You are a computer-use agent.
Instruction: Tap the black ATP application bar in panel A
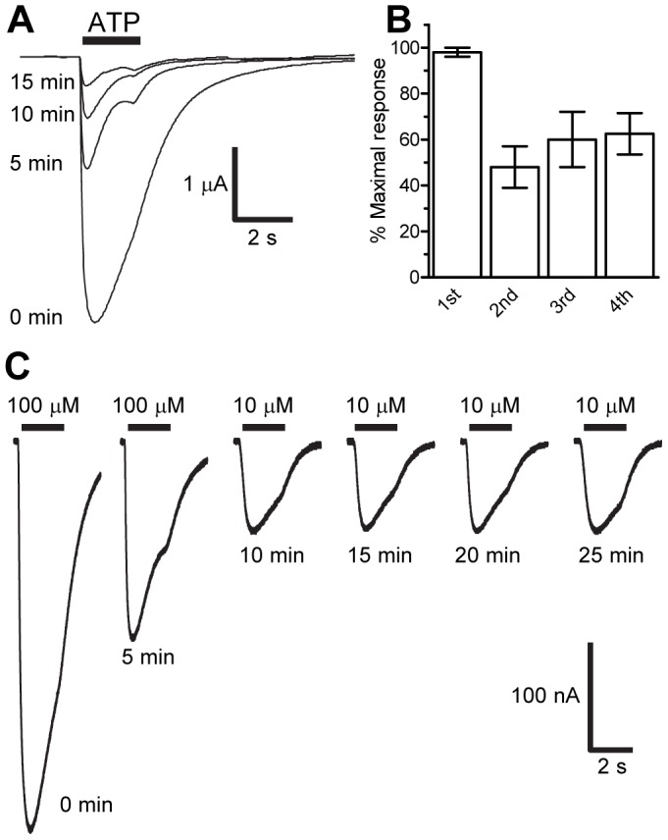pos(112,41)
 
